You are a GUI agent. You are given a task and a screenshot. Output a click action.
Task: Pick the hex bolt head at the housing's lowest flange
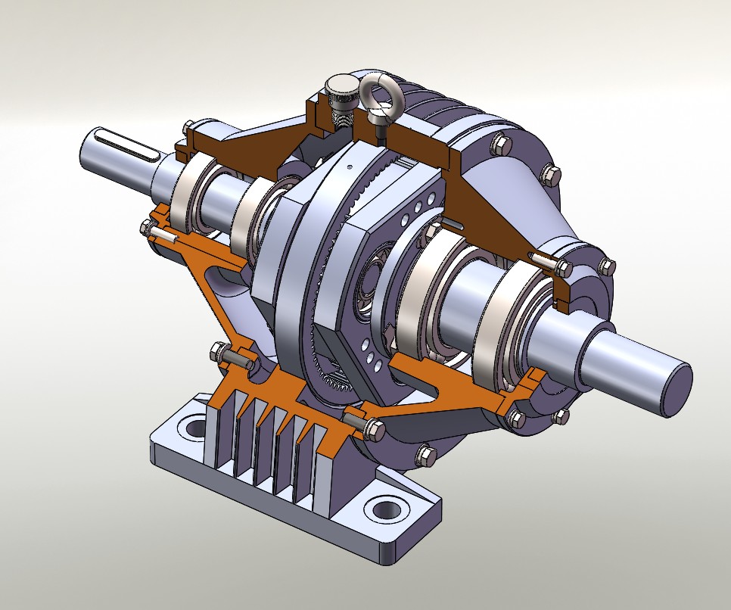[x=426, y=455]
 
